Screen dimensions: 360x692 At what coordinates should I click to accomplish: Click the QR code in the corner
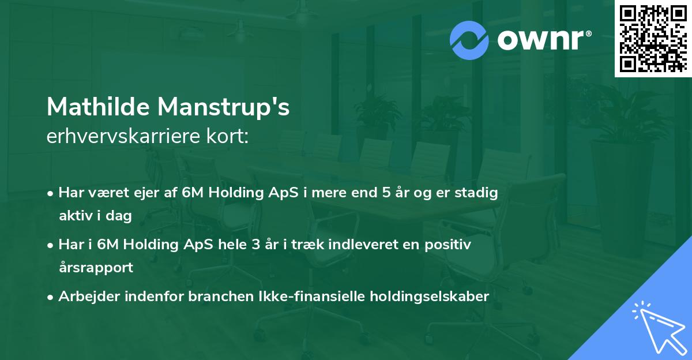[653, 38]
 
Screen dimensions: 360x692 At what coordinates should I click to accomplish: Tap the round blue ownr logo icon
[469, 40]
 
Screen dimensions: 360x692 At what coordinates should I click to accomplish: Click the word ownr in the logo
[543, 40]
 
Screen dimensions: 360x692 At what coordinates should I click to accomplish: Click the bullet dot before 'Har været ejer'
[51, 193]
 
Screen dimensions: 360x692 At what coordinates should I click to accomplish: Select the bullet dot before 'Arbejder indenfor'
[51, 297]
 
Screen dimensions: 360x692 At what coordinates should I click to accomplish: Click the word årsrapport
[96, 267]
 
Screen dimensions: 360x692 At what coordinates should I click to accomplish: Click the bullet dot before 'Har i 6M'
[51, 245]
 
